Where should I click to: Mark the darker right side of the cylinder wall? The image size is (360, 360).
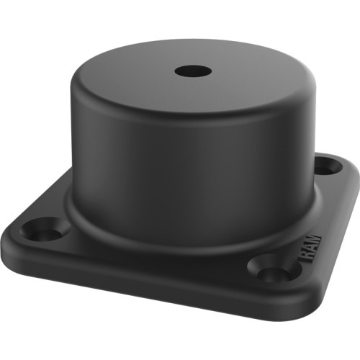pos(288,151)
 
